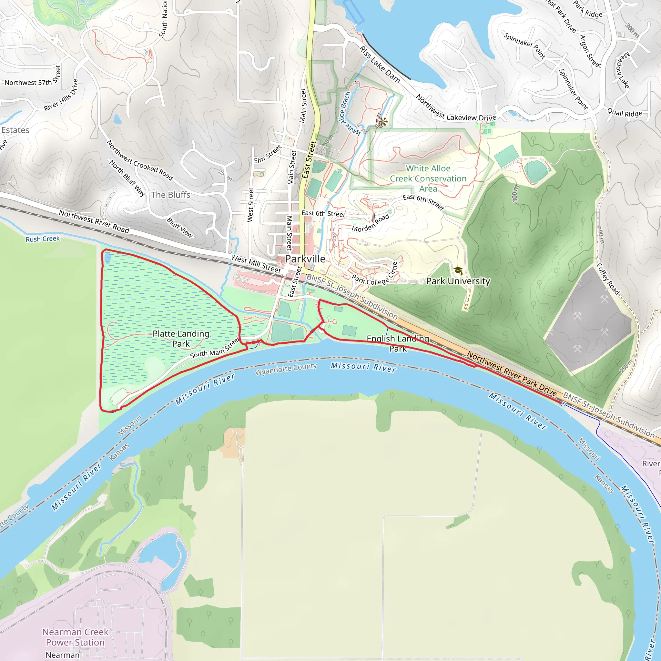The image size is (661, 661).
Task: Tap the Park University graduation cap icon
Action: [x=458, y=270]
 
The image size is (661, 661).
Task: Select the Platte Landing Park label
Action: [x=181, y=338]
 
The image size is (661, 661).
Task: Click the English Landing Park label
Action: [x=398, y=343]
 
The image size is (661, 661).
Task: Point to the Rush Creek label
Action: [x=43, y=239]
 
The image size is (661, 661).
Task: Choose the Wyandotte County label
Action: [x=286, y=369]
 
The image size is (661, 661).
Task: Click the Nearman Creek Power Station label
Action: [x=75, y=637]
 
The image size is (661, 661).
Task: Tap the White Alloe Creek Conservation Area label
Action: [x=428, y=178]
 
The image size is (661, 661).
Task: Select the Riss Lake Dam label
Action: [x=380, y=65]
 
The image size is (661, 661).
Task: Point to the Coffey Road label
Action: [x=608, y=279]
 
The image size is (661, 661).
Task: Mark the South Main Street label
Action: [x=215, y=348]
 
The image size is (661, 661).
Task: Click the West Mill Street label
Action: [x=256, y=264]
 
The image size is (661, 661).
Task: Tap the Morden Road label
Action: [x=371, y=223]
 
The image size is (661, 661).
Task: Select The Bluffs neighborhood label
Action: [x=171, y=195]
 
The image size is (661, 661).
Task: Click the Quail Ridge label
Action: [x=625, y=113]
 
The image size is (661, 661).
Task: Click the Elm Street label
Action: [x=268, y=154]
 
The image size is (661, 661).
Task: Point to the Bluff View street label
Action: [x=180, y=228]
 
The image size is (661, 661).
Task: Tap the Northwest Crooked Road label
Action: [x=140, y=160]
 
